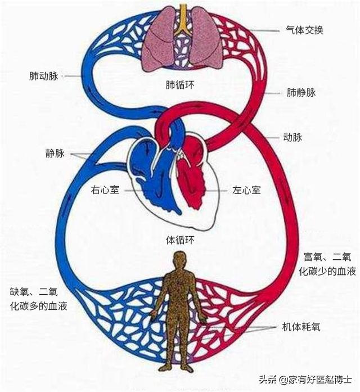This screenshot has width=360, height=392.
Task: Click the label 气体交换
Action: click(304, 30)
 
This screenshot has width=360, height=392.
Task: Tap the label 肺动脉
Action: click(44, 76)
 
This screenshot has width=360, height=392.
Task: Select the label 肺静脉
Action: click(301, 93)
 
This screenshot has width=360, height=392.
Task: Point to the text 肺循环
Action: click(180, 85)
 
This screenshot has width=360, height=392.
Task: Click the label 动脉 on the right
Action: click(292, 137)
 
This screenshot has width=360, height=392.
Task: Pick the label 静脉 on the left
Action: click(55, 153)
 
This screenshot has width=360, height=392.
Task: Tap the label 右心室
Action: click(105, 190)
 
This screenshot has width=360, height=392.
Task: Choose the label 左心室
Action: click(246, 190)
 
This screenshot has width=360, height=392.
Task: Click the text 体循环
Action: click(180, 240)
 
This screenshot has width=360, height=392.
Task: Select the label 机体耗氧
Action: click(301, 327)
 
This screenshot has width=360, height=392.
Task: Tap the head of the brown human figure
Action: click(180, 259)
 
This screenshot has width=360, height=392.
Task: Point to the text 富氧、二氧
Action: click(327, 257)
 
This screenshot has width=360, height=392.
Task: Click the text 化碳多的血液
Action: click(39, 306)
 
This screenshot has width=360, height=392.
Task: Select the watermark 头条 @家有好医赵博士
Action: click(305, 380)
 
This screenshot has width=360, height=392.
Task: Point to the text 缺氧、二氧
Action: click(34, 292)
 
